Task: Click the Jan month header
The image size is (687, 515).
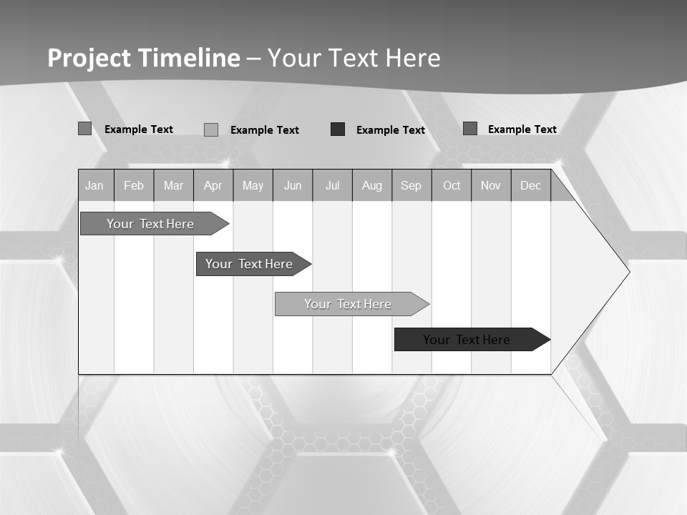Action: click(x=95, y=185)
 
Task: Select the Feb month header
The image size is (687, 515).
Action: click(x=134, y=185)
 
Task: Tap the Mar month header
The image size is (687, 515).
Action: click(x=173, y=185)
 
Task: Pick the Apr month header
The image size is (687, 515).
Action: click(x=213, y=185)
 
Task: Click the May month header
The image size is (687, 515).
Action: click(x=253, y=185)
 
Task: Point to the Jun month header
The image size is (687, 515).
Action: click(x=293, y=185)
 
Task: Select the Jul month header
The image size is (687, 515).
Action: click(x=332, y=185)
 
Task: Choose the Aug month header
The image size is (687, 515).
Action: click(x=372, y=185)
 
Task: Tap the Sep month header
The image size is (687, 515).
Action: click(x=411, y=185)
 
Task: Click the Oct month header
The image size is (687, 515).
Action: click(x=452, y=185)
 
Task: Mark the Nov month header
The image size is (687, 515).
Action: click(x=491, y=185)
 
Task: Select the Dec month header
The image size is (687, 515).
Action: click(x=531, y=185)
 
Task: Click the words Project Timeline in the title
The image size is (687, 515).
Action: click(x=143, y=58)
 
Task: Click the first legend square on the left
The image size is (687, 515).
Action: click(x=84, y=129)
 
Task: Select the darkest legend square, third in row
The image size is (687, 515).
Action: click(x=338, y=129)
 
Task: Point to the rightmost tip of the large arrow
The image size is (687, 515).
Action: click(x=628, y=272)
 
